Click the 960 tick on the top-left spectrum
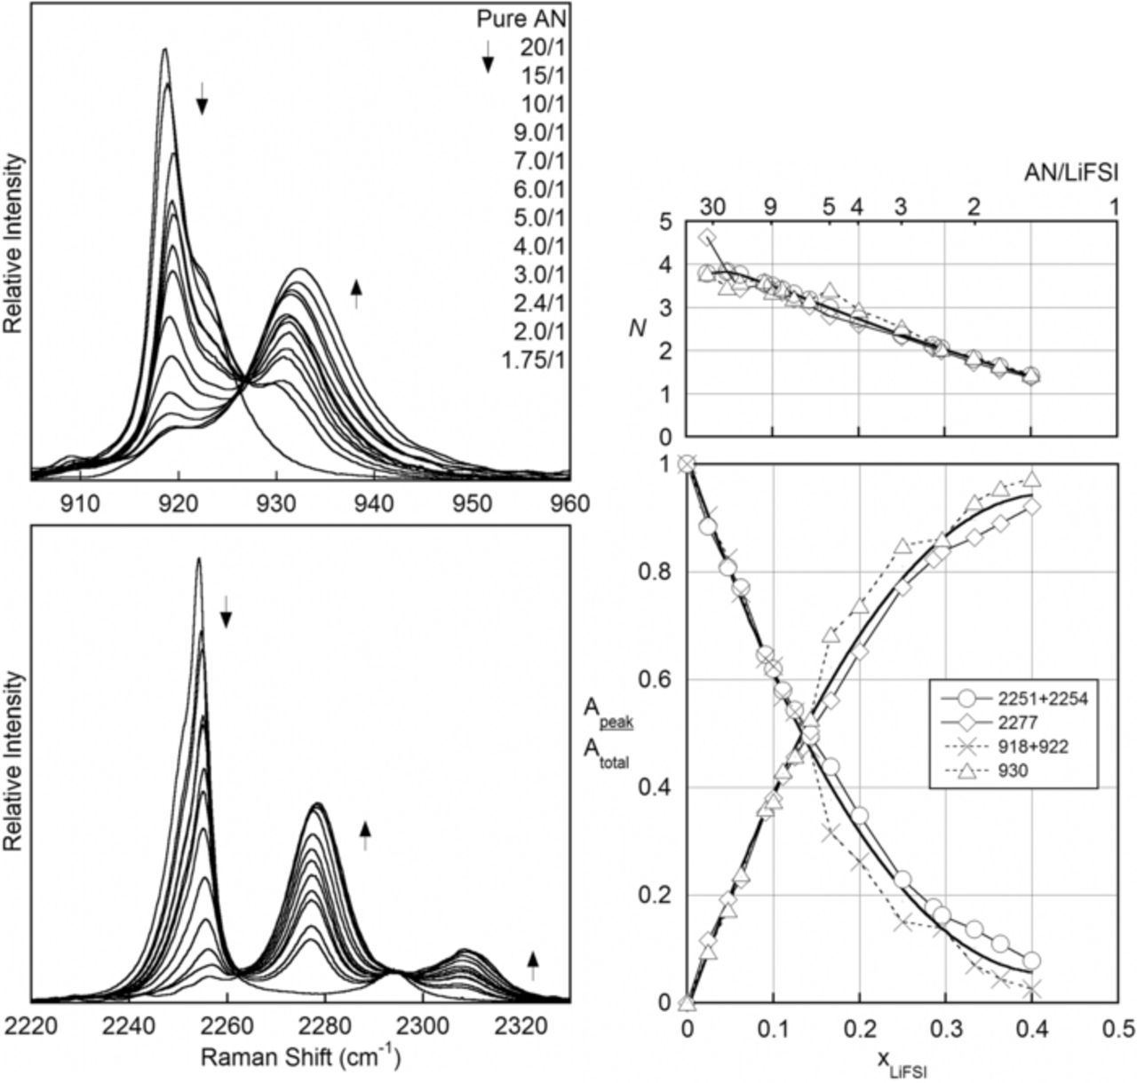click(570, 503)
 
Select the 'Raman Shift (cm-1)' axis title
click(299, 1057)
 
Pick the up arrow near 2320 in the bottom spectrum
click(533, 965)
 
